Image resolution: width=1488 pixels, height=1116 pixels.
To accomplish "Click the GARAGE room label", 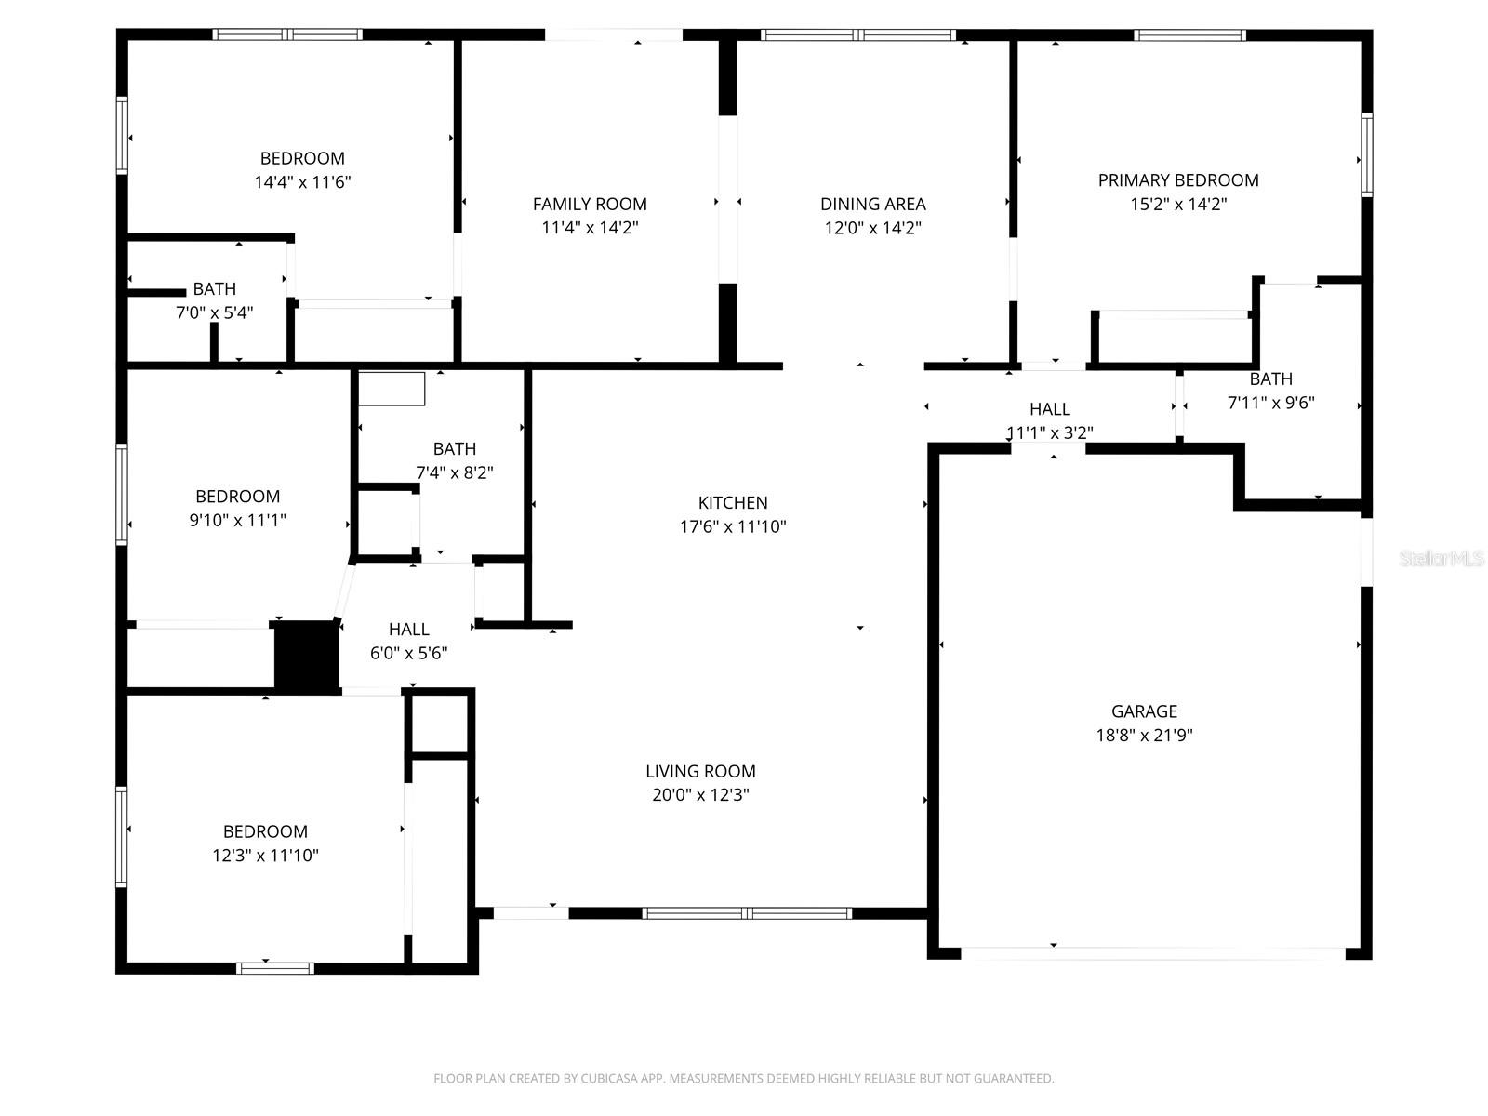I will point(1144,711).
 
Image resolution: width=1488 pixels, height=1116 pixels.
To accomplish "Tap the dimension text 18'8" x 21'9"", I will point(1144,736).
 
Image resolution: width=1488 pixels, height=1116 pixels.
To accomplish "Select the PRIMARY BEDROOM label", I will point(1178,180).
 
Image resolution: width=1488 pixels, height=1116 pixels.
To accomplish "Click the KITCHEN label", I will point(733,503).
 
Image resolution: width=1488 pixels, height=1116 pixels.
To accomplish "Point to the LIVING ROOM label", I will point(700,771).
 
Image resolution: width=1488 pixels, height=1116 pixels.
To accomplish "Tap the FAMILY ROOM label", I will point(590,204).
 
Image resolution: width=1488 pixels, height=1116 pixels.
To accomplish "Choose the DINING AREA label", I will point(872,204).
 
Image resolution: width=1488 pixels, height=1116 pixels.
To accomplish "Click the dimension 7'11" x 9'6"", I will point(1270,403).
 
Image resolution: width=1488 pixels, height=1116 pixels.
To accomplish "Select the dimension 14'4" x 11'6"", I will point(302,182).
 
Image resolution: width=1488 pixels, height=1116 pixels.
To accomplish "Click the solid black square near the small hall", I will point(306,656).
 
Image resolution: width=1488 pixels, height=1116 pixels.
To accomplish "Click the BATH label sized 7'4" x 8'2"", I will point(454,449).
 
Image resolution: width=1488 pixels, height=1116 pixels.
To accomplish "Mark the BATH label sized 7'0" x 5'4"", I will point(214,289).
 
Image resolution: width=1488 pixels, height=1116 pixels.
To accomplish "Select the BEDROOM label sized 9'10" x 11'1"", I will point(237,497).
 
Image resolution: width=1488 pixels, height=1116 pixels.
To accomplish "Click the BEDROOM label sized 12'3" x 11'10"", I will point(265,831).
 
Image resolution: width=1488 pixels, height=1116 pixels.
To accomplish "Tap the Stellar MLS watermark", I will point(1441,559).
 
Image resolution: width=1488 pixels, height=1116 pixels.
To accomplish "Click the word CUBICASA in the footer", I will point(610,1079).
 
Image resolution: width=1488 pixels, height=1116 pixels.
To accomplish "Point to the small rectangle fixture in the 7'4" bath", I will point(392,389).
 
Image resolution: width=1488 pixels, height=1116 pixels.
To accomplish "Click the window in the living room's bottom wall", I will point(747,913).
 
